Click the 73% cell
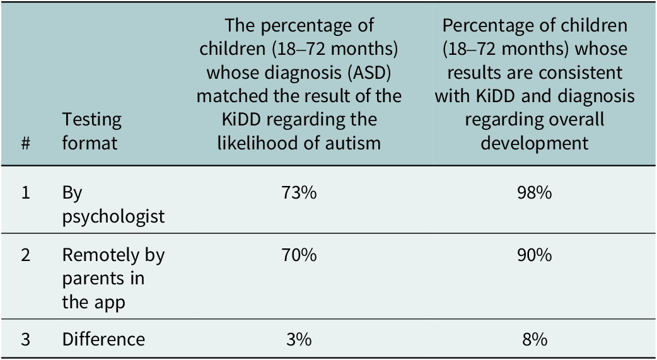(298, 193)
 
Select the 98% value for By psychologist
(534, 193)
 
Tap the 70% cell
(298, 255)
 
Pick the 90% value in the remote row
(534, 255)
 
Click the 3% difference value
(298, 339)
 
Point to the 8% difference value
(534, 339)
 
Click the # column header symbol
(26, 143)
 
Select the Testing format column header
(92, 131)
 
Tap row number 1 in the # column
(26, 193)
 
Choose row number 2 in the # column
(26, 255)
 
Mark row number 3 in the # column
(26, 339)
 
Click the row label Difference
(103, 339)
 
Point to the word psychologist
(113, 217)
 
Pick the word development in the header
(534, 142)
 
